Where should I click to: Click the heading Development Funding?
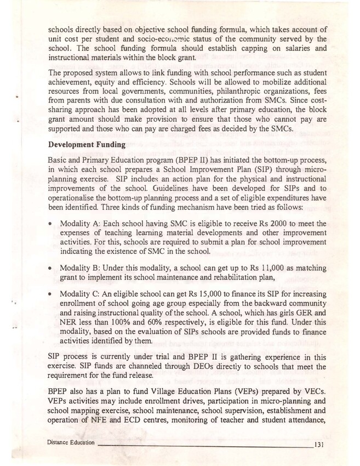(87, 145)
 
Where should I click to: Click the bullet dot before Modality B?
(50, 268)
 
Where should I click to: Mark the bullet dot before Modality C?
(50, 294)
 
